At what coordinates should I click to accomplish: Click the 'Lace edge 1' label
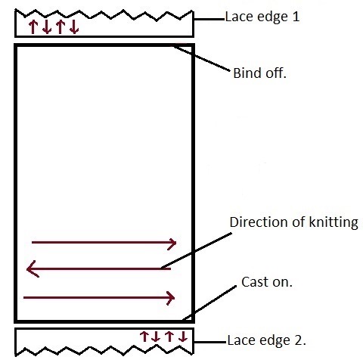pos(262,17)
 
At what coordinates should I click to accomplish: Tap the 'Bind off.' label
pos(260,73)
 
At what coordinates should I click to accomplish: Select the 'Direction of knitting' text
pos(294,222)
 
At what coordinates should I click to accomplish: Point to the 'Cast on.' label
pos(267,282)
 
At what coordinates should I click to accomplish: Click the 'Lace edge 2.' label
pos(267,340)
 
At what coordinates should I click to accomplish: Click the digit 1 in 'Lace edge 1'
pos(296,17)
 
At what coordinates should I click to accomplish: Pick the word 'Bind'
pos(247,73)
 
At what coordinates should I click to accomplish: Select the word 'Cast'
pos(254,282)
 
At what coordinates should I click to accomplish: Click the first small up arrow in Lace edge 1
pos(33,27)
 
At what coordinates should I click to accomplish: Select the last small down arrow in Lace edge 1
pos(74,27)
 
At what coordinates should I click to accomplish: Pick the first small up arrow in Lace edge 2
pos(144,337)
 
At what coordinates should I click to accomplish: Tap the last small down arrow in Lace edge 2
pos(183,337)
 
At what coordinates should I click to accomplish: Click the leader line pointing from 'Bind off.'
pos(200,58)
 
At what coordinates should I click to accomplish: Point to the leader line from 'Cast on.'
pos(209,303)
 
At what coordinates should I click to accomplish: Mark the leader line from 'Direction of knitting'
pos(197,251)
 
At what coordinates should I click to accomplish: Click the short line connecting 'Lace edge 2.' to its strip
pos(210,342)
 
